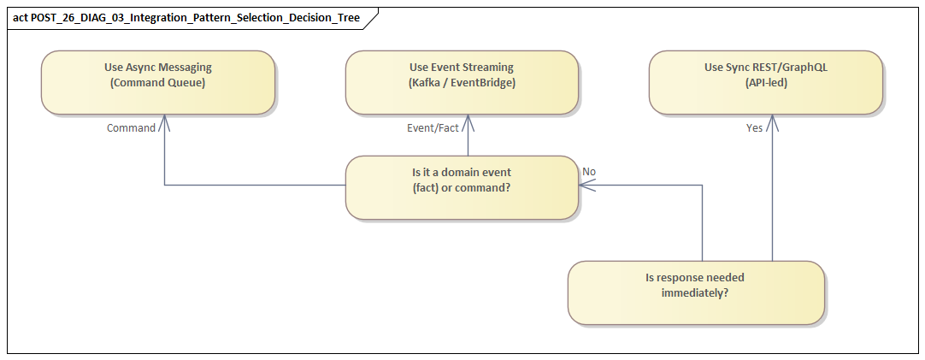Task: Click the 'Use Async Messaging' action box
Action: [x=158, y=82]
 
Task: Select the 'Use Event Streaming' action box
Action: [x=462, y=82]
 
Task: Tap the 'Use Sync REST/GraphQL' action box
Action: [x=765, y=82]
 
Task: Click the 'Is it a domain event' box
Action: [x=462, y=187]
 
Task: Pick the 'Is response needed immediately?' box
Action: [x=696, y=292]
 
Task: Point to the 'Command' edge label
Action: [x=131, y=128]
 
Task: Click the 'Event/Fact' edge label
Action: [x=433, y=128]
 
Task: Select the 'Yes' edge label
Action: [x=754, y=128]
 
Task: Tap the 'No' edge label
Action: [x=589, y=172]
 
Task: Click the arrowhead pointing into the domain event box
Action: [x=586, y=186]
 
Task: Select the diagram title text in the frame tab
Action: [x=186, y=17]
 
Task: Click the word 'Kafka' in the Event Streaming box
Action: [x=425, y=83]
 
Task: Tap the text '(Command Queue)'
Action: [x=158, y=83]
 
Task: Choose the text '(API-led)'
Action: [x=765, y=83]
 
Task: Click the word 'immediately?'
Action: [x=696, y=293]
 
